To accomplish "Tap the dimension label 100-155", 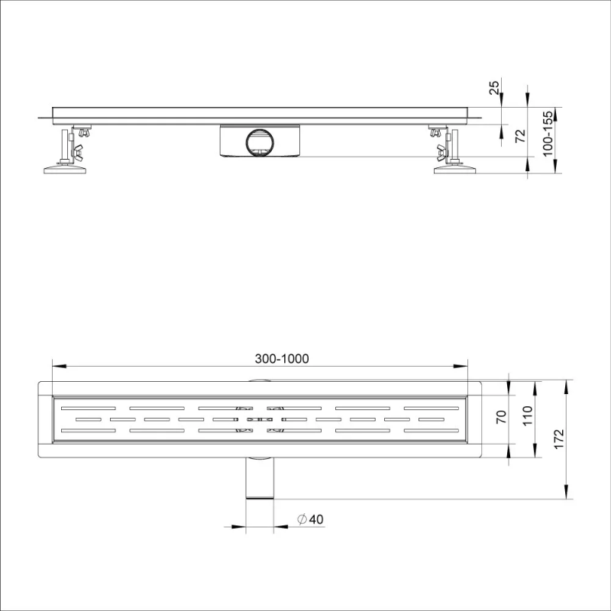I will click(548, 134).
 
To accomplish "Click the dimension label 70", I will click(502, 417).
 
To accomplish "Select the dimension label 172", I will click(558, 438).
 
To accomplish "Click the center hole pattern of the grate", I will click(259, 419).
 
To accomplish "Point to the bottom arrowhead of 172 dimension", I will click(566, 495).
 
